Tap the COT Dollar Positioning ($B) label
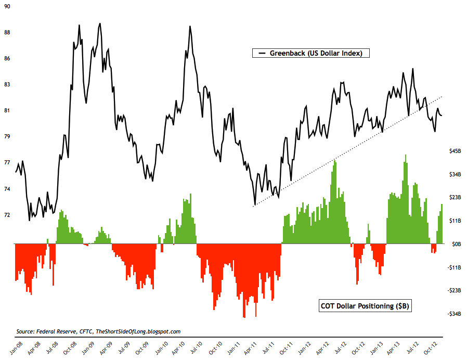pos(364,306)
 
